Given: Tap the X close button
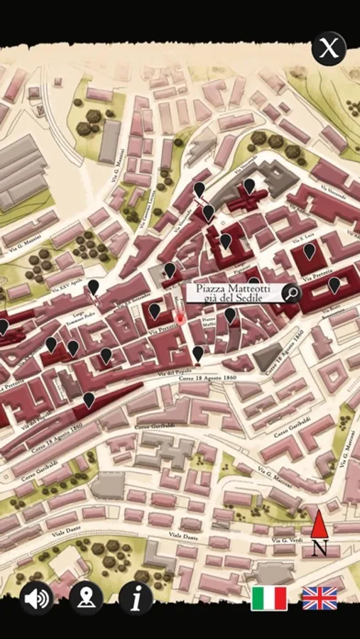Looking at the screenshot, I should click(x=328, y=49).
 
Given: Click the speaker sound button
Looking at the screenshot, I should click(x=37, y=599).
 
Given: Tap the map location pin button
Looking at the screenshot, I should click(x=86, y=599).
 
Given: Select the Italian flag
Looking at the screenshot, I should click(x=269, y=599).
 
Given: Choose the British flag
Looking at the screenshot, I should click(x=320, y=599).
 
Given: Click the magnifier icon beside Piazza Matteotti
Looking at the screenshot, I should click(x=291, y=293).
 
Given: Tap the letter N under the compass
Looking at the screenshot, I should click(x=320, y=547).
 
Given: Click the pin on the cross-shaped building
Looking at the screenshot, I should click(x=249, y=186).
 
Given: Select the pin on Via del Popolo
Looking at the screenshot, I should click(x=197, y=353).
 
